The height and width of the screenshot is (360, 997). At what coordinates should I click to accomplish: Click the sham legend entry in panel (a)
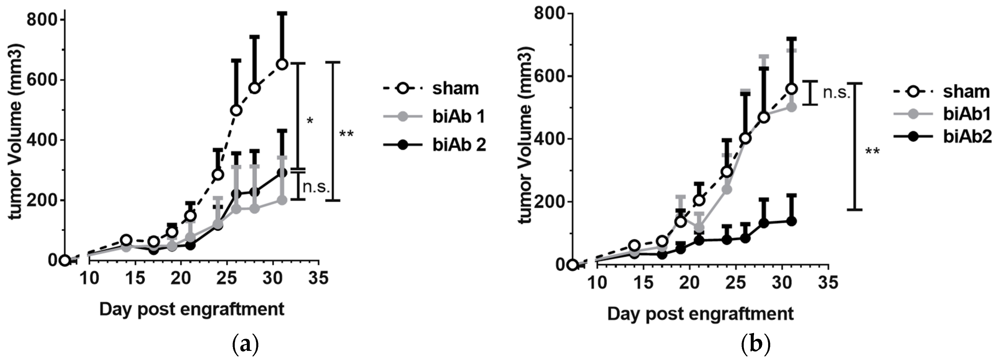tap(455, 88)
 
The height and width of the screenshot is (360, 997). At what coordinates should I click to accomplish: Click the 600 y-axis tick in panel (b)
tap(549, 76)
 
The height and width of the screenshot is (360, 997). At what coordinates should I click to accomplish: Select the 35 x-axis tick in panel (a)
tap(318, 278)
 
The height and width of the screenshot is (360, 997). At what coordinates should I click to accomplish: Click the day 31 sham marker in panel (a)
tap(282, 64)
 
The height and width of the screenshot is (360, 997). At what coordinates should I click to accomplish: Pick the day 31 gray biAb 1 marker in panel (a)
tap(282, 200)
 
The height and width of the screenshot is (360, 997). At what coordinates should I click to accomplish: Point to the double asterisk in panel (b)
tap(872, 152)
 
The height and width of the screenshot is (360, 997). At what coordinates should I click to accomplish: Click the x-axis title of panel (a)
tap(191, 309)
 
